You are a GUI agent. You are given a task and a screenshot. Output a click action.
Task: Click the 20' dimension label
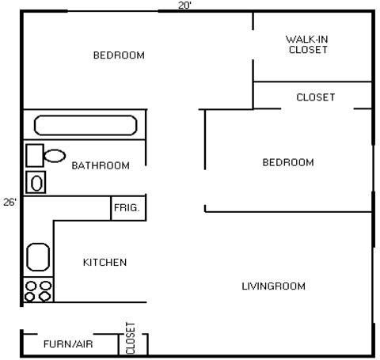[x=184, y=6]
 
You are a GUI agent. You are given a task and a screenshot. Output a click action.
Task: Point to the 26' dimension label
[x=9, y=202]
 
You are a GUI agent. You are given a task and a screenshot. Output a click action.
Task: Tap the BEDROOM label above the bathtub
[x=119, y=55]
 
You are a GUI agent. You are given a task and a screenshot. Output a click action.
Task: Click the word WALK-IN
[x=306, y=38]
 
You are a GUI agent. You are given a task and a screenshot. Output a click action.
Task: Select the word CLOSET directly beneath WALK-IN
[x=309, y=49]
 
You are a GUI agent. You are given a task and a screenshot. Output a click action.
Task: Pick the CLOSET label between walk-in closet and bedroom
[x=315, y=97]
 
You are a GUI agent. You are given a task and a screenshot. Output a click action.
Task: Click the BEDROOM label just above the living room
[x=288, y=162]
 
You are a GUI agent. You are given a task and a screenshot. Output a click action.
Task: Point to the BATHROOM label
[x=101, y=165]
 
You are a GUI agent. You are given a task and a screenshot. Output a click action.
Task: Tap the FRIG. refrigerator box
[x=127, y=208]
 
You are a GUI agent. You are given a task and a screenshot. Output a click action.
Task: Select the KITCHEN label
[x=104, y=262]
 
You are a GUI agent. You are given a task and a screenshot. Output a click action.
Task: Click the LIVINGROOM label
[x=273, y=286]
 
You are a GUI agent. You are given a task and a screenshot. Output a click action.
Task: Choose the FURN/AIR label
[x=66, y=344]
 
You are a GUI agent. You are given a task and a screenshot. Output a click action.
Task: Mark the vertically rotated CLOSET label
[x=131, y=338]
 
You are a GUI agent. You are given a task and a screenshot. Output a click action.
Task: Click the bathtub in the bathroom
[x=85, y=126]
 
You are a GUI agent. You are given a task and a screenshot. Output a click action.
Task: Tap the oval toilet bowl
[x=55, y=155]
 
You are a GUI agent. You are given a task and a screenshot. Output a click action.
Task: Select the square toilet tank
[x=35, y=154]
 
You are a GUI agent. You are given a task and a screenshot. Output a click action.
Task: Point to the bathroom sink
[x=36, y=183]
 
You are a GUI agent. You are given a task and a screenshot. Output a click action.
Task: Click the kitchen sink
[x=38, y=257]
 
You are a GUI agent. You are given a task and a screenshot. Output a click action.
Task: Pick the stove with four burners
[x=38, y=290]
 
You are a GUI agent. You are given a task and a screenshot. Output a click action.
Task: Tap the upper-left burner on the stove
[x=32, y=285]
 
